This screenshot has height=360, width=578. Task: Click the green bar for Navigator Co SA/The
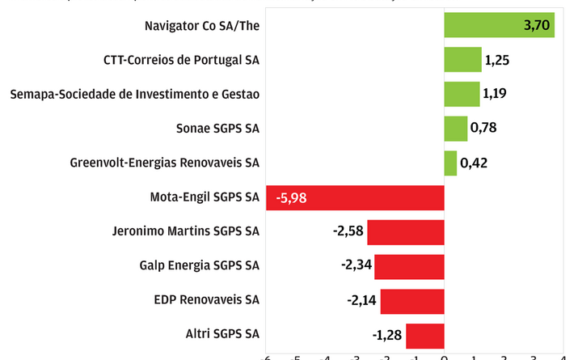click(x=499, y=25)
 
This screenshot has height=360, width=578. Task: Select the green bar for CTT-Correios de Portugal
click(x=462, y=60)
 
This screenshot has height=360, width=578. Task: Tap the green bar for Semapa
click(x=462, y=94)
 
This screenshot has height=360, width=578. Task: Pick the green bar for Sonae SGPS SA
click(x=455, y=129)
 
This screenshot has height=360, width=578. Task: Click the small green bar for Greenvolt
click(x=450, y=163)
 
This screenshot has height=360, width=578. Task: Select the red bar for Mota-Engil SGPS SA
click(x=355, y=197)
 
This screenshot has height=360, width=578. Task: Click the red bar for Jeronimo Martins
click(x=406, y=232)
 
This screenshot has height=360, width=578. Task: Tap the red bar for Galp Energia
click(x=409, y=266)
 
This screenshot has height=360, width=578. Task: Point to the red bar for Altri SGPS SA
click(x=425, y=335)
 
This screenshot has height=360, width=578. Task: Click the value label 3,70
click(x=537, y=26)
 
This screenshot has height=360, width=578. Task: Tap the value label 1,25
click(x=497, y=60)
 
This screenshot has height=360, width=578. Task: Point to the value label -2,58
click(x=348, y=232)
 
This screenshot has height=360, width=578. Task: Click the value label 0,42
click(x=474, y=163)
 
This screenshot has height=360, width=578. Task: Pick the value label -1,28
click(x=386, y=335)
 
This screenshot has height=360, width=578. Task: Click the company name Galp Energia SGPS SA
click(x=199, y=265)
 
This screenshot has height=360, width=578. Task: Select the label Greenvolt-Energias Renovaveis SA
click(x=165, y=163)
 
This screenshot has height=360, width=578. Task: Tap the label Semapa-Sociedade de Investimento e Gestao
click(x=135, y=94)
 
